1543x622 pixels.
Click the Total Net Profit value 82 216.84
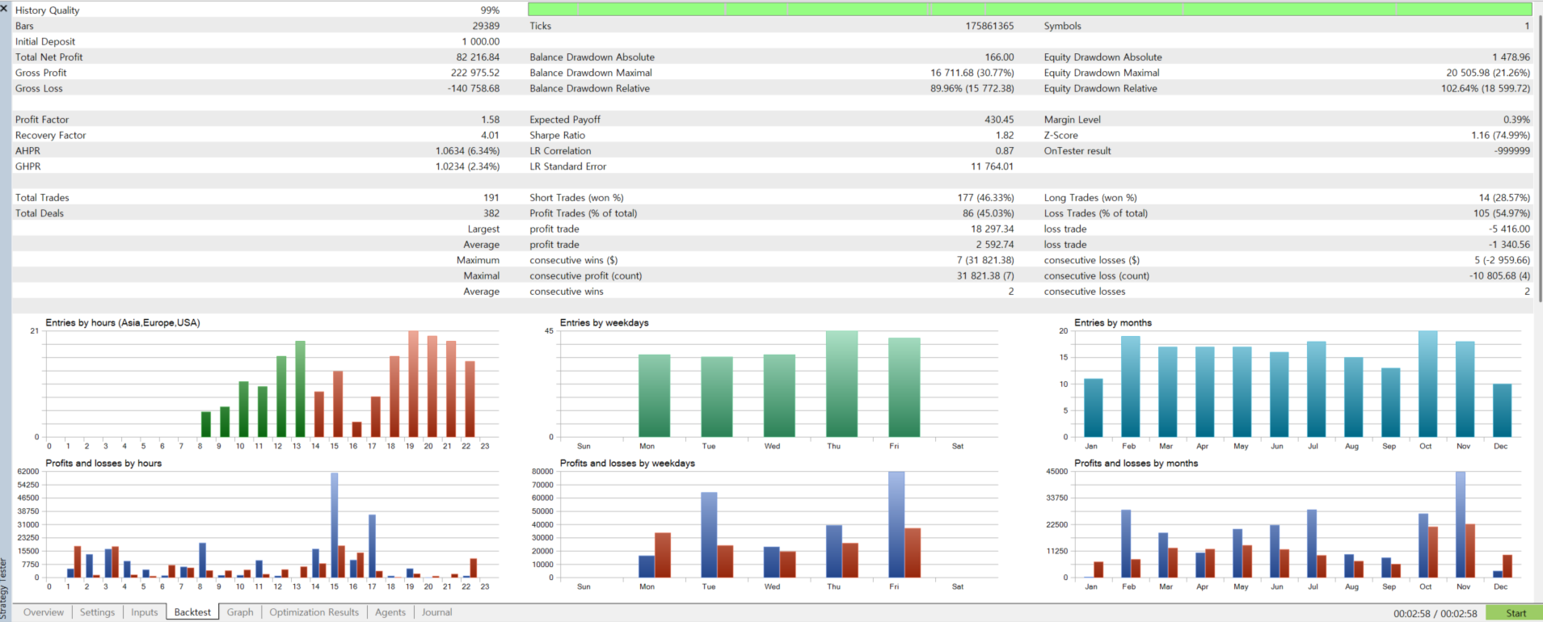(x=478, y=57)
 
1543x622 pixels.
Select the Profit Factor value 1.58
(x=490, y=120)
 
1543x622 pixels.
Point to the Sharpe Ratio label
(x=557, y=136)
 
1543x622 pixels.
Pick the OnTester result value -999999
(x=1511, y=151)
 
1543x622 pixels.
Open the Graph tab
(x=240, y=612)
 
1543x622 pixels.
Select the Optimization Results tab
(x=314, y=612)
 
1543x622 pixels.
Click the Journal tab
(x=436, y=612)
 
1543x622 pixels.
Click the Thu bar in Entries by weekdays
(x=841, y=385)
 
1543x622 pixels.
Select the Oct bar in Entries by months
(x=1427, y=385)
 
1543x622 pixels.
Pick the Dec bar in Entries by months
(x=1502, y=410)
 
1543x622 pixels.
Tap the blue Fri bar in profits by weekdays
(x=896, y=524)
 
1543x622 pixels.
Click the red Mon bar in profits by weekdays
(x=663, y=555)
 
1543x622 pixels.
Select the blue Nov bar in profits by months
(x=1461, y=524)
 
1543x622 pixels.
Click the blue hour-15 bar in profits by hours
(x=335, y=525)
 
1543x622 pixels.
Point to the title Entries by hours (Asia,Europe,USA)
(x=123, y=323)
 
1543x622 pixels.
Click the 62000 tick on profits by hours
(x=28, y=472)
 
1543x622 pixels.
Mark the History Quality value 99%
(x=490, y=11)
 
